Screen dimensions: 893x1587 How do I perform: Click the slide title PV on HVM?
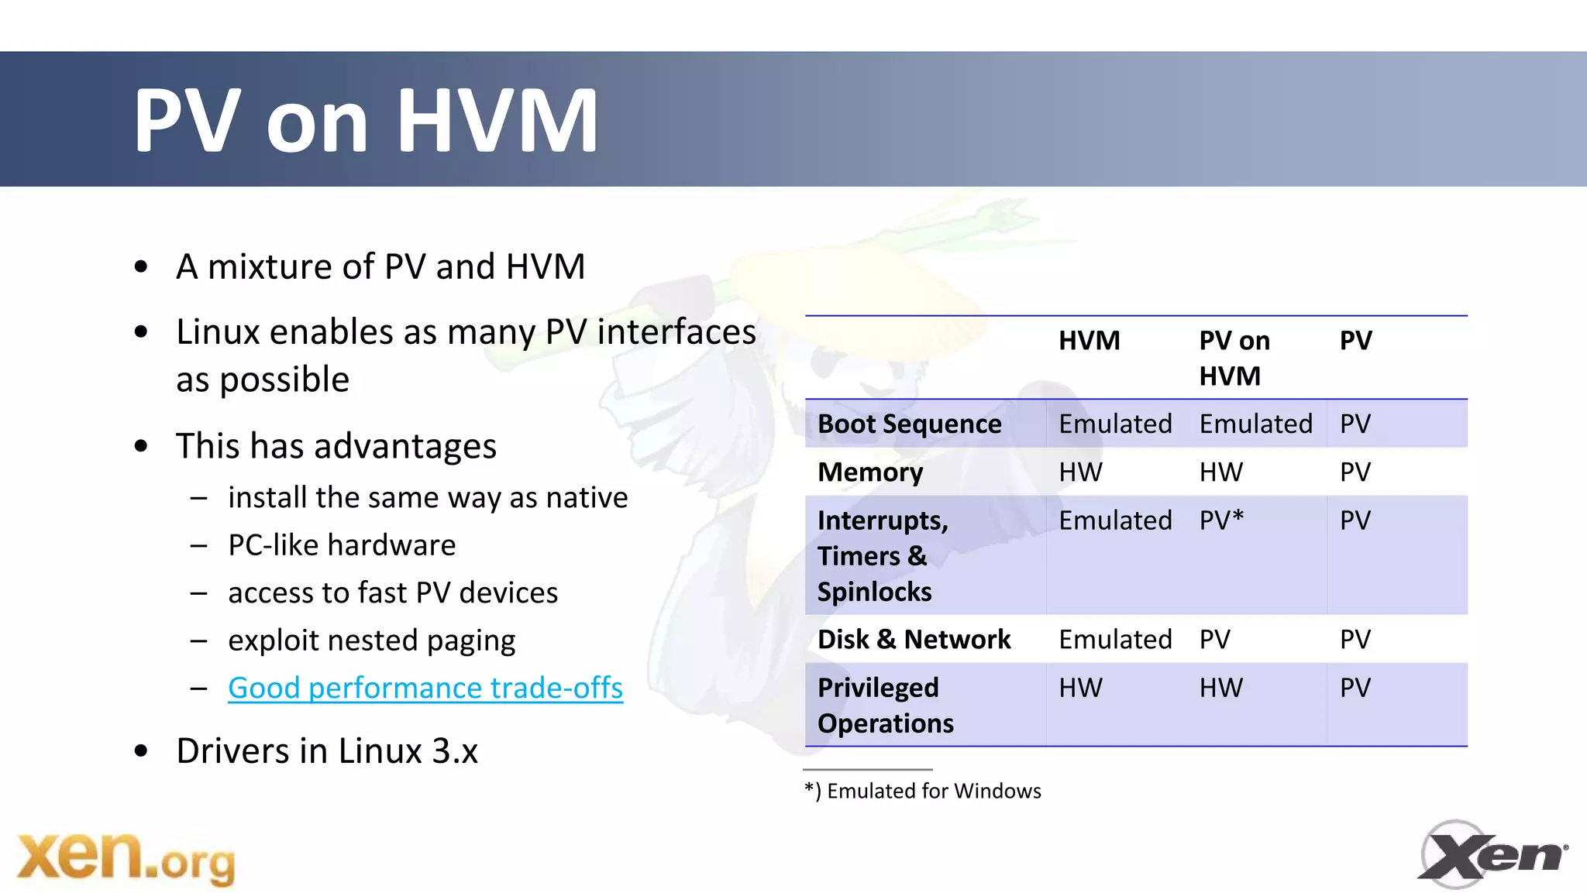tap(366, 120)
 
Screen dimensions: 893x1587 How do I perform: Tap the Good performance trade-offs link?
tap(425, 688)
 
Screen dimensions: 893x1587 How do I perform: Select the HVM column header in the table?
tap(1089, 341)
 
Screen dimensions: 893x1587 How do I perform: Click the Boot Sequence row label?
tap(909, 424)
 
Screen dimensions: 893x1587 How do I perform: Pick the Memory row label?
tap(870, 472)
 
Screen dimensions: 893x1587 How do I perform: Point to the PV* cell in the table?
tap(1221, 520)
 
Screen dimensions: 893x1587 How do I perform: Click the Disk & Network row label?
tap(914, 640)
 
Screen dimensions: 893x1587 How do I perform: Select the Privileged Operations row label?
tap(885, 706)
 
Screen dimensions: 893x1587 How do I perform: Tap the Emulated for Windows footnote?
tap(923, 791)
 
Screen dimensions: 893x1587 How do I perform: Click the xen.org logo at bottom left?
tap(126, 857)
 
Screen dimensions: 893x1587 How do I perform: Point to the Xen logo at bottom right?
tap(1492, 854)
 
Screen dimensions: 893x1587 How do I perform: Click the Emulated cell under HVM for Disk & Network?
tap(1115, 640)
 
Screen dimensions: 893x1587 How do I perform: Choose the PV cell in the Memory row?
tap(1355, 472)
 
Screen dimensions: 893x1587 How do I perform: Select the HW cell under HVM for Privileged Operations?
tap(1080, 688)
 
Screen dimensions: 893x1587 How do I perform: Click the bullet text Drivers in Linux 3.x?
tap(326, 751)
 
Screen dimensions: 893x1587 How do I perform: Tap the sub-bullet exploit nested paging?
tap(371, 641)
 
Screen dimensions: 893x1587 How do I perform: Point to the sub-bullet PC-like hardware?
tap(342, 545)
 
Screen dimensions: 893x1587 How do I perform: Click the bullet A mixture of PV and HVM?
tap(380, 267)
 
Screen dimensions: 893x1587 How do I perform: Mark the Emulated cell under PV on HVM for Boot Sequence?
tap(1255, 424)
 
